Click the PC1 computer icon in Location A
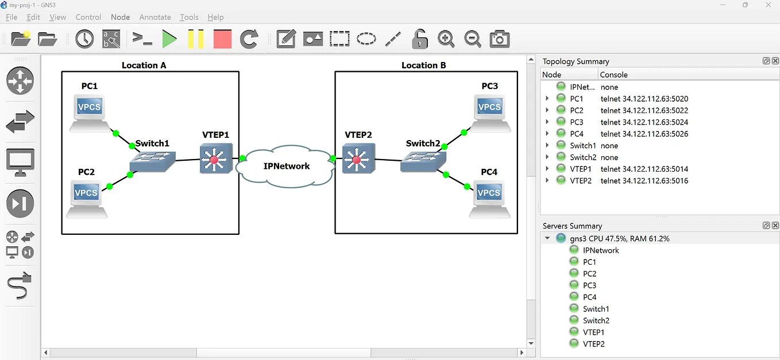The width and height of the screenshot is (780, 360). (89, 113)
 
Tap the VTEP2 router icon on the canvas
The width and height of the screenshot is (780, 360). (358, 158)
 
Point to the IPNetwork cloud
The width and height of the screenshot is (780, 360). (287, 166)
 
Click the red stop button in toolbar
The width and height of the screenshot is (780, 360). (222, 39)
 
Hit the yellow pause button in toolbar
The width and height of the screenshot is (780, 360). (196, 39)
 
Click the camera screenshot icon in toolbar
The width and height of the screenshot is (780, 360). (500, 39)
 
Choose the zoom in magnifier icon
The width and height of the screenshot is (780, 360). (446, 39)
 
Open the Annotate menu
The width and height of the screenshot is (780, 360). (155, 17)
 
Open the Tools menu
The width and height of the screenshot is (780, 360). (189, 17)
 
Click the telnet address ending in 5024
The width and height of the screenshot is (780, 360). (644, 122)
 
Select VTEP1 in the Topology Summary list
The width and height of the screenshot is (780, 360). (580, 169)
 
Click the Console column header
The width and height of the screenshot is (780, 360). (613, 75)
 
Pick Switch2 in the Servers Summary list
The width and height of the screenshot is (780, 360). (596, 320)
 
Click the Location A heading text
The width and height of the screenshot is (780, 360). (144, 65)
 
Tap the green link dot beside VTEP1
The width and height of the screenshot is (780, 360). (242, 158)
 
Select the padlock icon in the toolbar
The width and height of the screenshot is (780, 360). (420, 39)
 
